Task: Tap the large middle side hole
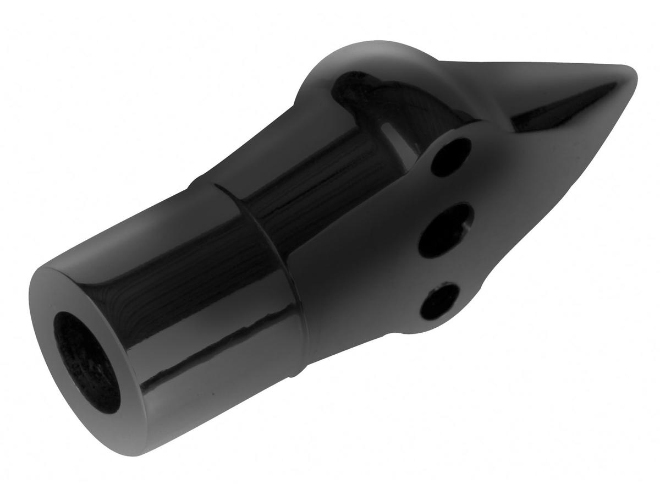(446, 230)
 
